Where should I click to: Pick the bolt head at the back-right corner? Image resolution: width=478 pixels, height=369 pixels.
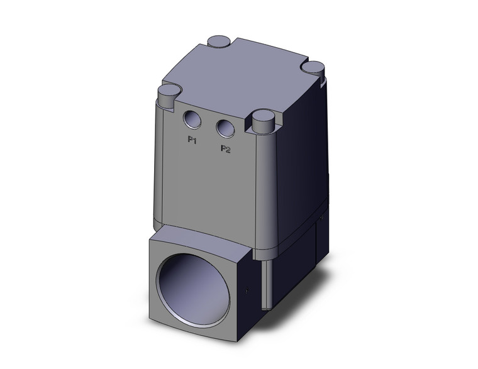tap(313, 65)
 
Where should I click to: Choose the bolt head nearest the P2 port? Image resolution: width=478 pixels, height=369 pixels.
tap(263, 118)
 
